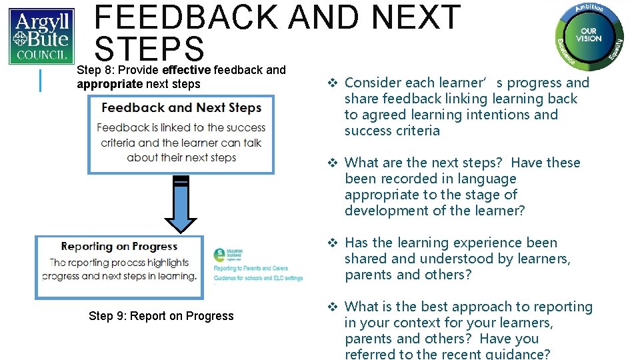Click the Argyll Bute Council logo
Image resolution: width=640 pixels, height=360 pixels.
41,36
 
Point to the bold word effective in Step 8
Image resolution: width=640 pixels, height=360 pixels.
186,70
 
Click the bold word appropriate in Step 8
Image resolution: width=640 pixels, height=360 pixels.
110,84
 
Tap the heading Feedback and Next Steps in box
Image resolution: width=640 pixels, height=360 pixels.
181,108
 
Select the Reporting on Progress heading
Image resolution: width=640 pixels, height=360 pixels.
119,247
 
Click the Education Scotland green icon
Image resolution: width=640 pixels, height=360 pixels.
219,255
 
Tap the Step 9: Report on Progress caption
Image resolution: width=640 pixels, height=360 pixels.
161,316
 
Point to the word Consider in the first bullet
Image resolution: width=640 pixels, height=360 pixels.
371,83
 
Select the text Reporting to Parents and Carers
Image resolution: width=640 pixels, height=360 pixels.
251,269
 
